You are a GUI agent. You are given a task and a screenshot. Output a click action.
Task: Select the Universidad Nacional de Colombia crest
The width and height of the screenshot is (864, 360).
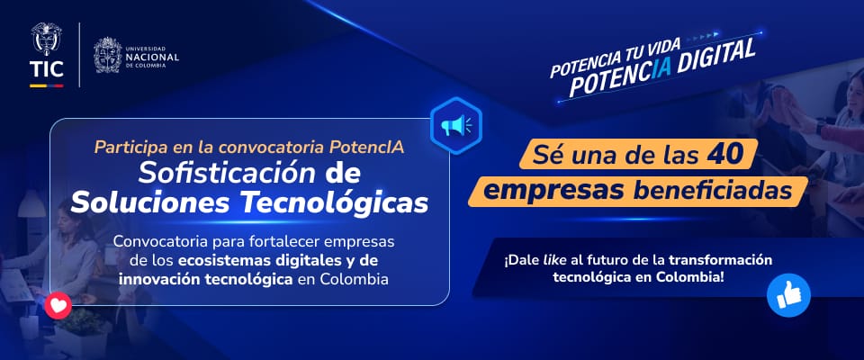click(107, 54)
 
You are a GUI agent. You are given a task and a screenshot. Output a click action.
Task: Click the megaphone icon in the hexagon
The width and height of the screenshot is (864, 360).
click(455, 124)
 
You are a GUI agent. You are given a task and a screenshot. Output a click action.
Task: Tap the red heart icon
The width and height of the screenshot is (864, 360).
click(59, 306)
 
